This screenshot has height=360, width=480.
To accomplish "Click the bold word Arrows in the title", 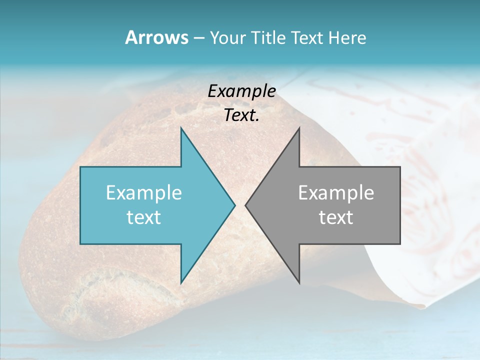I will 156,37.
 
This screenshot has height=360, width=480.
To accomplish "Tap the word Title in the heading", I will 268,38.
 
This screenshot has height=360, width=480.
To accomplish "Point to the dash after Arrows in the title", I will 198,38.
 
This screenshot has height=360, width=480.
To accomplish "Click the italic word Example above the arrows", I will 241,91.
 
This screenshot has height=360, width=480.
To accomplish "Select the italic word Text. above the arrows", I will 241,115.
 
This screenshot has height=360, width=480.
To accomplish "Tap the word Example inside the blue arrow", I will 144,192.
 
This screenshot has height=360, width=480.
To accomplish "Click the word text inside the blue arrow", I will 144,217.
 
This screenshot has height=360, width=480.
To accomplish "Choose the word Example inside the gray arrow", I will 336,192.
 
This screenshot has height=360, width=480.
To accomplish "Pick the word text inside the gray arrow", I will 336,217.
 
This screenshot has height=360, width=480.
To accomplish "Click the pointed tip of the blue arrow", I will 234,205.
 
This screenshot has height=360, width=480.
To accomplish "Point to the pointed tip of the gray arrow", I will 245,205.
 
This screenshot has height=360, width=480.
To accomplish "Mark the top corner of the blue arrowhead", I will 181,128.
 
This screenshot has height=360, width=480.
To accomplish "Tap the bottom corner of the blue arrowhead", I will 181,283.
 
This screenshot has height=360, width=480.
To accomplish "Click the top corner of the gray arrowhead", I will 299,128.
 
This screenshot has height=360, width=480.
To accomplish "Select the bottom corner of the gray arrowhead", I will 299,283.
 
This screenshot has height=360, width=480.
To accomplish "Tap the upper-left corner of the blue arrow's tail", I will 81,167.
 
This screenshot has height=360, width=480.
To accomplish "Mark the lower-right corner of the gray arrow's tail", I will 399,243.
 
